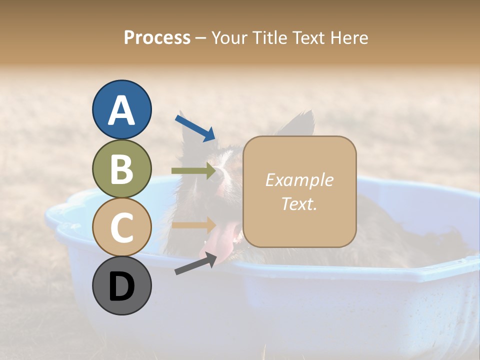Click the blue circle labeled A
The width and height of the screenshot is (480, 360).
pyautogui.click(x=122, y=109)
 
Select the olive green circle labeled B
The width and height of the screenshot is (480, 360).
pyautogui.click(x=122, y=168)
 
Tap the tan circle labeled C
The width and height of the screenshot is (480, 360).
pyautogui.click(x=122, y=227)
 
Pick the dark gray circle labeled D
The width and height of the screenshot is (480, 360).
pyautogui.click(x=122, y=285)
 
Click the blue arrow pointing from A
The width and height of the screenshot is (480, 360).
pyautogui.click(x=195, y=127)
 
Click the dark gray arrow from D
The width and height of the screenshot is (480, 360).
pyautogui.click(x=195, y=264)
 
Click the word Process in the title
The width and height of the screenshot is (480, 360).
pyautogui.click(x=157, y=38)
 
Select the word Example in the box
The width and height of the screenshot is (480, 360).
pyautogui.click(x=299, y=180)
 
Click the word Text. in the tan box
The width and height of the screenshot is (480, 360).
pyautogui.click(x=299, y=203)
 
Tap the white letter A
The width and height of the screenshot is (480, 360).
pyautogui.click(x=122, y=109)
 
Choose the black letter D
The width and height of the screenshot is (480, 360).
pyautogui.click(x=122, y=286)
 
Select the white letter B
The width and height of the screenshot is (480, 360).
pyautogui.click(x=122, y=168)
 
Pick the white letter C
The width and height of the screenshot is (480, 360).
pyautogui.click(x=122, y=227)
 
